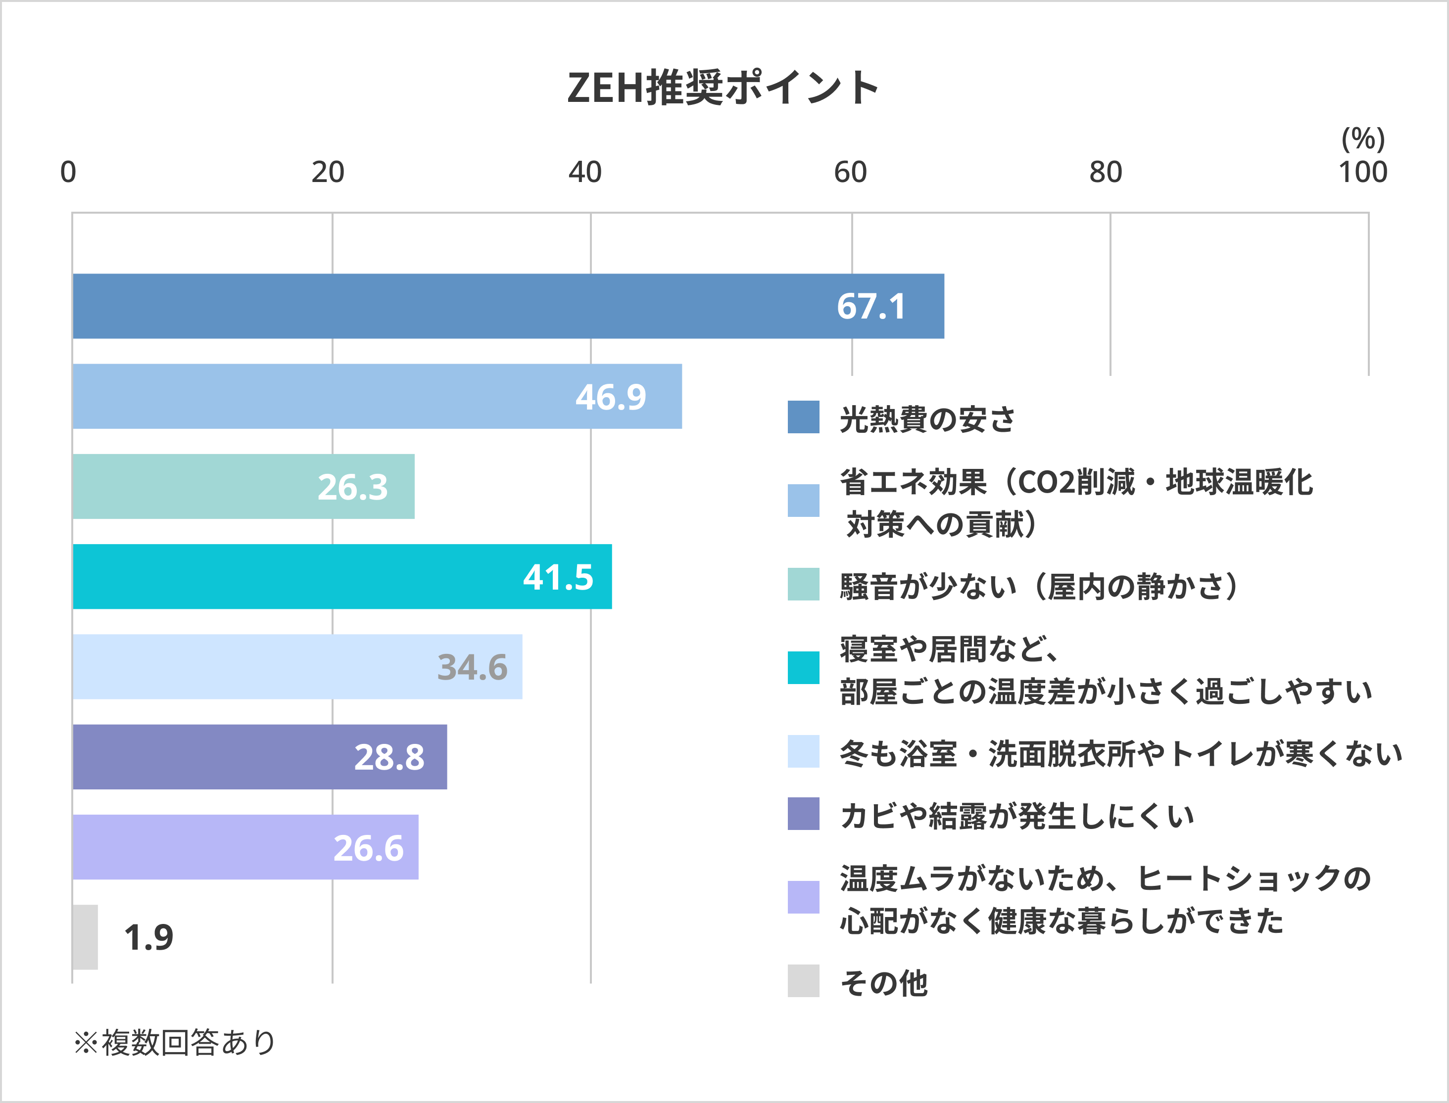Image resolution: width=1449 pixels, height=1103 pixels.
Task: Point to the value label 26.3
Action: click(x=353, y=487)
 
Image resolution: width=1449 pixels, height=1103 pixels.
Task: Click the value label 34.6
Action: click(x=472, y=667)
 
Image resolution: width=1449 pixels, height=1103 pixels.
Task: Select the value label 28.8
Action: click(x=389, y=757)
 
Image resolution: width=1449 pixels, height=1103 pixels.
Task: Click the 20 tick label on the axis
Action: click(x=328, y=172)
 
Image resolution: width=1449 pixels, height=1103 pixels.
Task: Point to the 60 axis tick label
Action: click(x=850, y=172)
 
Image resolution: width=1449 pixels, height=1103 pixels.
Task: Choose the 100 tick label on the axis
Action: click(x=1363, y=172)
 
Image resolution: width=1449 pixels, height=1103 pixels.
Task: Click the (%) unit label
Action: click(x=1363, y=138)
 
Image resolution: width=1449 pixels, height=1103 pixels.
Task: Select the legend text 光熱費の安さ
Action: click(x=927, y=419)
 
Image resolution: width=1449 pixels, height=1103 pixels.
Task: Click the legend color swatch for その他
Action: click(x=803, y=980)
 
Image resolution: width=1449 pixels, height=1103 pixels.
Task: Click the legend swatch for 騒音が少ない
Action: click(x=803, y=584)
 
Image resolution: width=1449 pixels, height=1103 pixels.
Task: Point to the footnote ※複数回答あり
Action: click(x=175, y=1042)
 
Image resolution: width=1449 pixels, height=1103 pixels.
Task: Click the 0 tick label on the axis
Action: click(x=68, y=172)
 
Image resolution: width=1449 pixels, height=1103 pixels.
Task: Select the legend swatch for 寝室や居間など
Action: click(x=803, y=668)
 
